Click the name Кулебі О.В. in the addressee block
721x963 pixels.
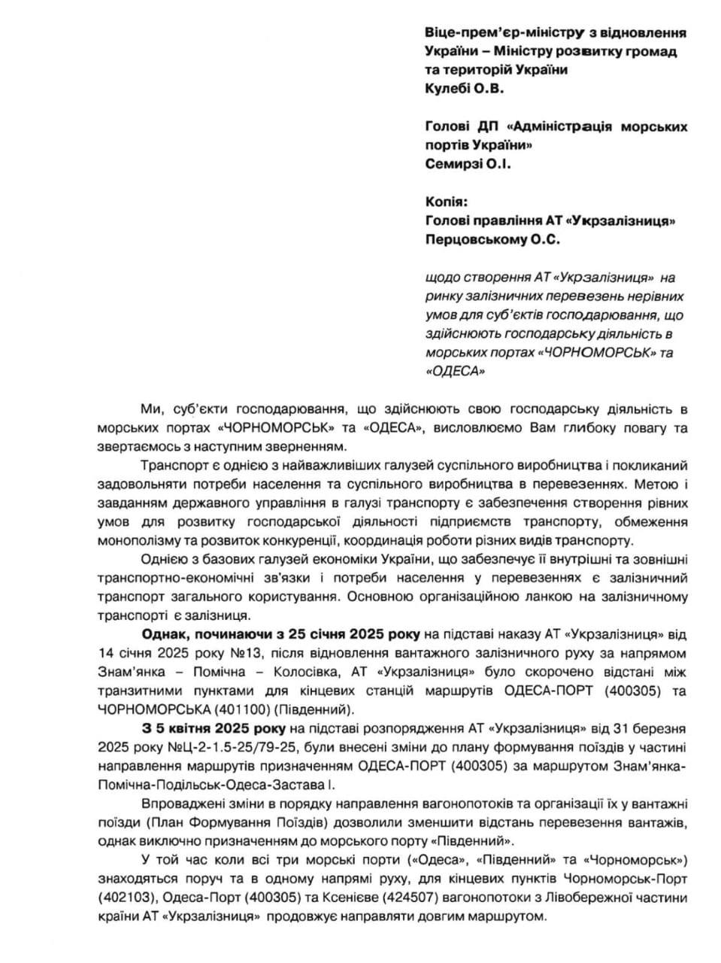[462, 88]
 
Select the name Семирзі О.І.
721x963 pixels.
[467, 163]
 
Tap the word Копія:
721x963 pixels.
[444, 202]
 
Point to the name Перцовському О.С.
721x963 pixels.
[492, 239]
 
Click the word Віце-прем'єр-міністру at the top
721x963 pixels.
[496, 33]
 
